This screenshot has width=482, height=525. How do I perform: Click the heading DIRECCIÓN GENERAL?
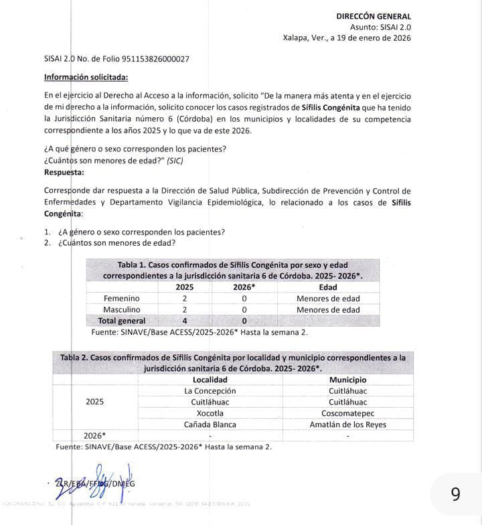tap(374, 16)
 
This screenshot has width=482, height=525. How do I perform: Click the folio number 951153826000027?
tap(146, 59)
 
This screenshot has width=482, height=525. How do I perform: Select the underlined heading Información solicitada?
tap(86, 77)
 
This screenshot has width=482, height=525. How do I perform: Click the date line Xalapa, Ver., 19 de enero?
tap(347, 38)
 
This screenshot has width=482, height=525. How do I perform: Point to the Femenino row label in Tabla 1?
tap(121, 298)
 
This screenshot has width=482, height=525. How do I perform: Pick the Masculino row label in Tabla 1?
tap(121, 309)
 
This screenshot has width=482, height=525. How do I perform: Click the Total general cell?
tap(121, 321)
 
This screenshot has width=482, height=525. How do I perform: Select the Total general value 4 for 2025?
tap(184, 321)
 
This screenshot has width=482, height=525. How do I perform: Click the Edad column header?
tap(328, 287)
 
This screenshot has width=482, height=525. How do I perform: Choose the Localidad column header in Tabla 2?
tap(210, 380)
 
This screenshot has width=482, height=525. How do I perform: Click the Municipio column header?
tap(347, 380)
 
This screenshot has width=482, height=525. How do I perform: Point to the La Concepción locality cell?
tap(210, 391)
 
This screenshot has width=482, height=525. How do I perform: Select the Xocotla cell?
tap(210, 413)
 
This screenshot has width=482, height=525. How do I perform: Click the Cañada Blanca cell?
tap(210, 425)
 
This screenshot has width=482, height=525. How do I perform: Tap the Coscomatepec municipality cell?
tap(347, 413)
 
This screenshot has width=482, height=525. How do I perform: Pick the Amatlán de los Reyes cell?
tap(347, 425)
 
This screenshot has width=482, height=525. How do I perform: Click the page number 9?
tap(455, 494)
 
